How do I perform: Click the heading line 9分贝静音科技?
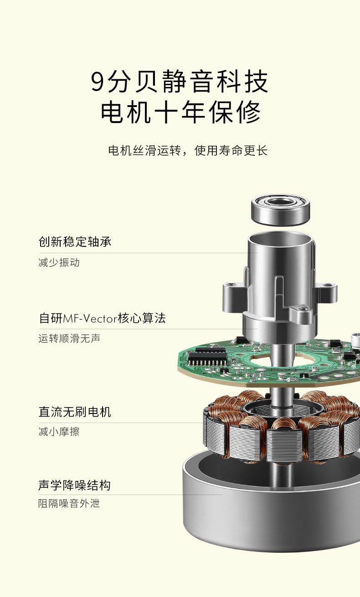[x=180, y=82]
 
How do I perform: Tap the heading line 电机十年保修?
[x=180, y=112]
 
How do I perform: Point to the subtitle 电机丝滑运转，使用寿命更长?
[x=188, y=150]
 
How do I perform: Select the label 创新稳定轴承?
[x=75, y=242]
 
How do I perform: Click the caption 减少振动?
[x=59, y=263]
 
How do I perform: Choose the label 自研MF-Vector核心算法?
[x=102, y=318]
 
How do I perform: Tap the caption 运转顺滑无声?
[x=69, y=339]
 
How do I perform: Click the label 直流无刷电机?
[x=75, y=412]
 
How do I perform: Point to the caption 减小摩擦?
[x=59, y=432]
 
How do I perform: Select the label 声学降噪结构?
[x=75, y=485]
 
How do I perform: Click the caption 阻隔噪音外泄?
[x=69, y=504]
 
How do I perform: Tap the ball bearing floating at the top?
[x=281, y=209]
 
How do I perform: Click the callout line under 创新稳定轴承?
[x=146, y=253]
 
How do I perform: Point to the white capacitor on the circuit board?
[x=355, y=340]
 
